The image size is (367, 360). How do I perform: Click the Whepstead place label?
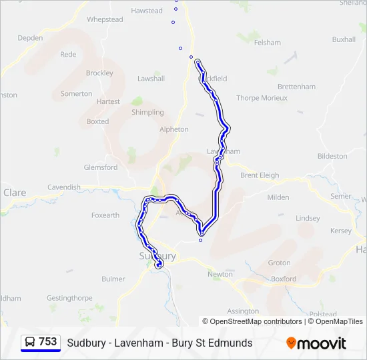(105, 20)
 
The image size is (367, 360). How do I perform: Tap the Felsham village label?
(267, 43)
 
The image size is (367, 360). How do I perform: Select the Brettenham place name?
(296, 87)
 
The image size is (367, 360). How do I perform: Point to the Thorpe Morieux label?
(262, 98)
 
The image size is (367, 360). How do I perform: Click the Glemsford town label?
(100, 167)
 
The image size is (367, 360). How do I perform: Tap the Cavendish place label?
(63, 187)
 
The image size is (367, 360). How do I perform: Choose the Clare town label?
(15, 193)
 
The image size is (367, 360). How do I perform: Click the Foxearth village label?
(105, 215)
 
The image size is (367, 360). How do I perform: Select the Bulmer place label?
(113, 279)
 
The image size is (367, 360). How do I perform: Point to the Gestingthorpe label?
(69, 298)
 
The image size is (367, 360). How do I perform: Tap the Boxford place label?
(284, 279)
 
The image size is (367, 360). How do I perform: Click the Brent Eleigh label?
(260, 175)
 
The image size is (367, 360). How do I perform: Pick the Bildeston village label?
(332, 156)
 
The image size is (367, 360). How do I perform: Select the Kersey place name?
(340, 231)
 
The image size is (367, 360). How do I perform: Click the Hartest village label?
(108, 102)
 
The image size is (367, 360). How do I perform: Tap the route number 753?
(48, 341)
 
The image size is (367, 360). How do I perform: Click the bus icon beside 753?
(30, 342)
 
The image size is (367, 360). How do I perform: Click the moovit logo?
(316, 343)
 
